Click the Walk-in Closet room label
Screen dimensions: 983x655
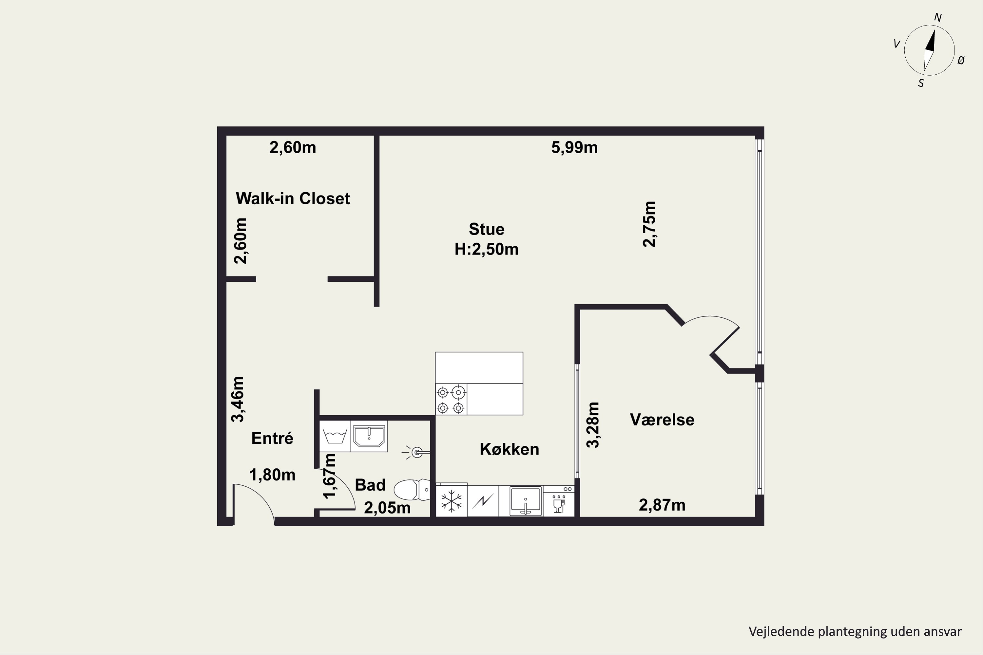point(293,198)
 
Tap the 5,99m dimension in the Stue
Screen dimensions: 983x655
point(574,147)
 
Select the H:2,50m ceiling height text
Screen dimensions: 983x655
point(487,249)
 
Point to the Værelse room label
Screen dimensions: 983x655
point(662,420)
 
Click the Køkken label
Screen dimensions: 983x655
point(510,449)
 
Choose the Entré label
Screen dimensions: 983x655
point(272,438)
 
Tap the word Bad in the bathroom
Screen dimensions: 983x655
point(370,485)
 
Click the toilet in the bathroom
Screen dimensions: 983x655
point(412,490)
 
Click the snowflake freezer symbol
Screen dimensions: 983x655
point(452,501)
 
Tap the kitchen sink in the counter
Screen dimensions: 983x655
point(526,501)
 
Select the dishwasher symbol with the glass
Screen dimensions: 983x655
point(559,501)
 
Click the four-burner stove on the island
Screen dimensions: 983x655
point(451,399)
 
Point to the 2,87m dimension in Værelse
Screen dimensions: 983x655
point(662,505)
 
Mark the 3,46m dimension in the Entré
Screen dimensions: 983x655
point(238,399)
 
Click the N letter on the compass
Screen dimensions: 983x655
point(938,18)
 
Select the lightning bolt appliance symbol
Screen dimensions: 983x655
point(483,501)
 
